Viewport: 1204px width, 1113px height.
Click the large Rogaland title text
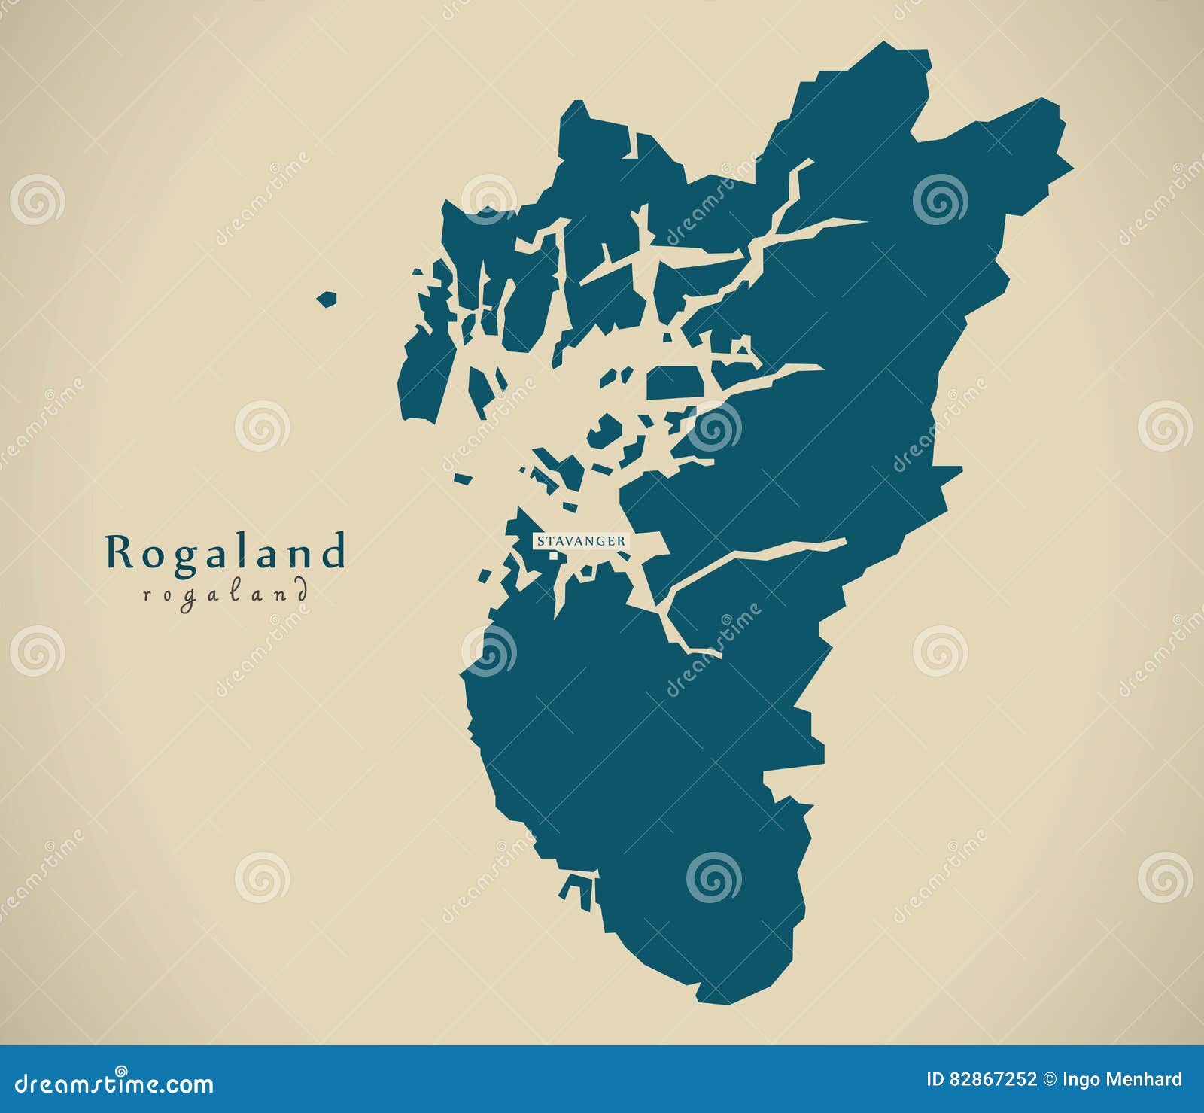pos(225,552)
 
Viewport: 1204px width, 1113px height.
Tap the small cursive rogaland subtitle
pos(225,593)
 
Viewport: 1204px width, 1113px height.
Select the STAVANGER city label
pos(579,541)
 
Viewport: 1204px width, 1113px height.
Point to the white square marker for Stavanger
pos(553,556)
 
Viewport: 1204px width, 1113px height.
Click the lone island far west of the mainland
pos(325,300)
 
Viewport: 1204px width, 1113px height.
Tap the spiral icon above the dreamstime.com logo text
pos(120,1070)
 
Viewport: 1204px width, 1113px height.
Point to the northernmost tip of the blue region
pos(884,44)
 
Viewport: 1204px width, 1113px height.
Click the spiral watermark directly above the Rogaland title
pos(261,426)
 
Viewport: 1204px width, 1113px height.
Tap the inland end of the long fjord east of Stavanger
pos(844,540)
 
